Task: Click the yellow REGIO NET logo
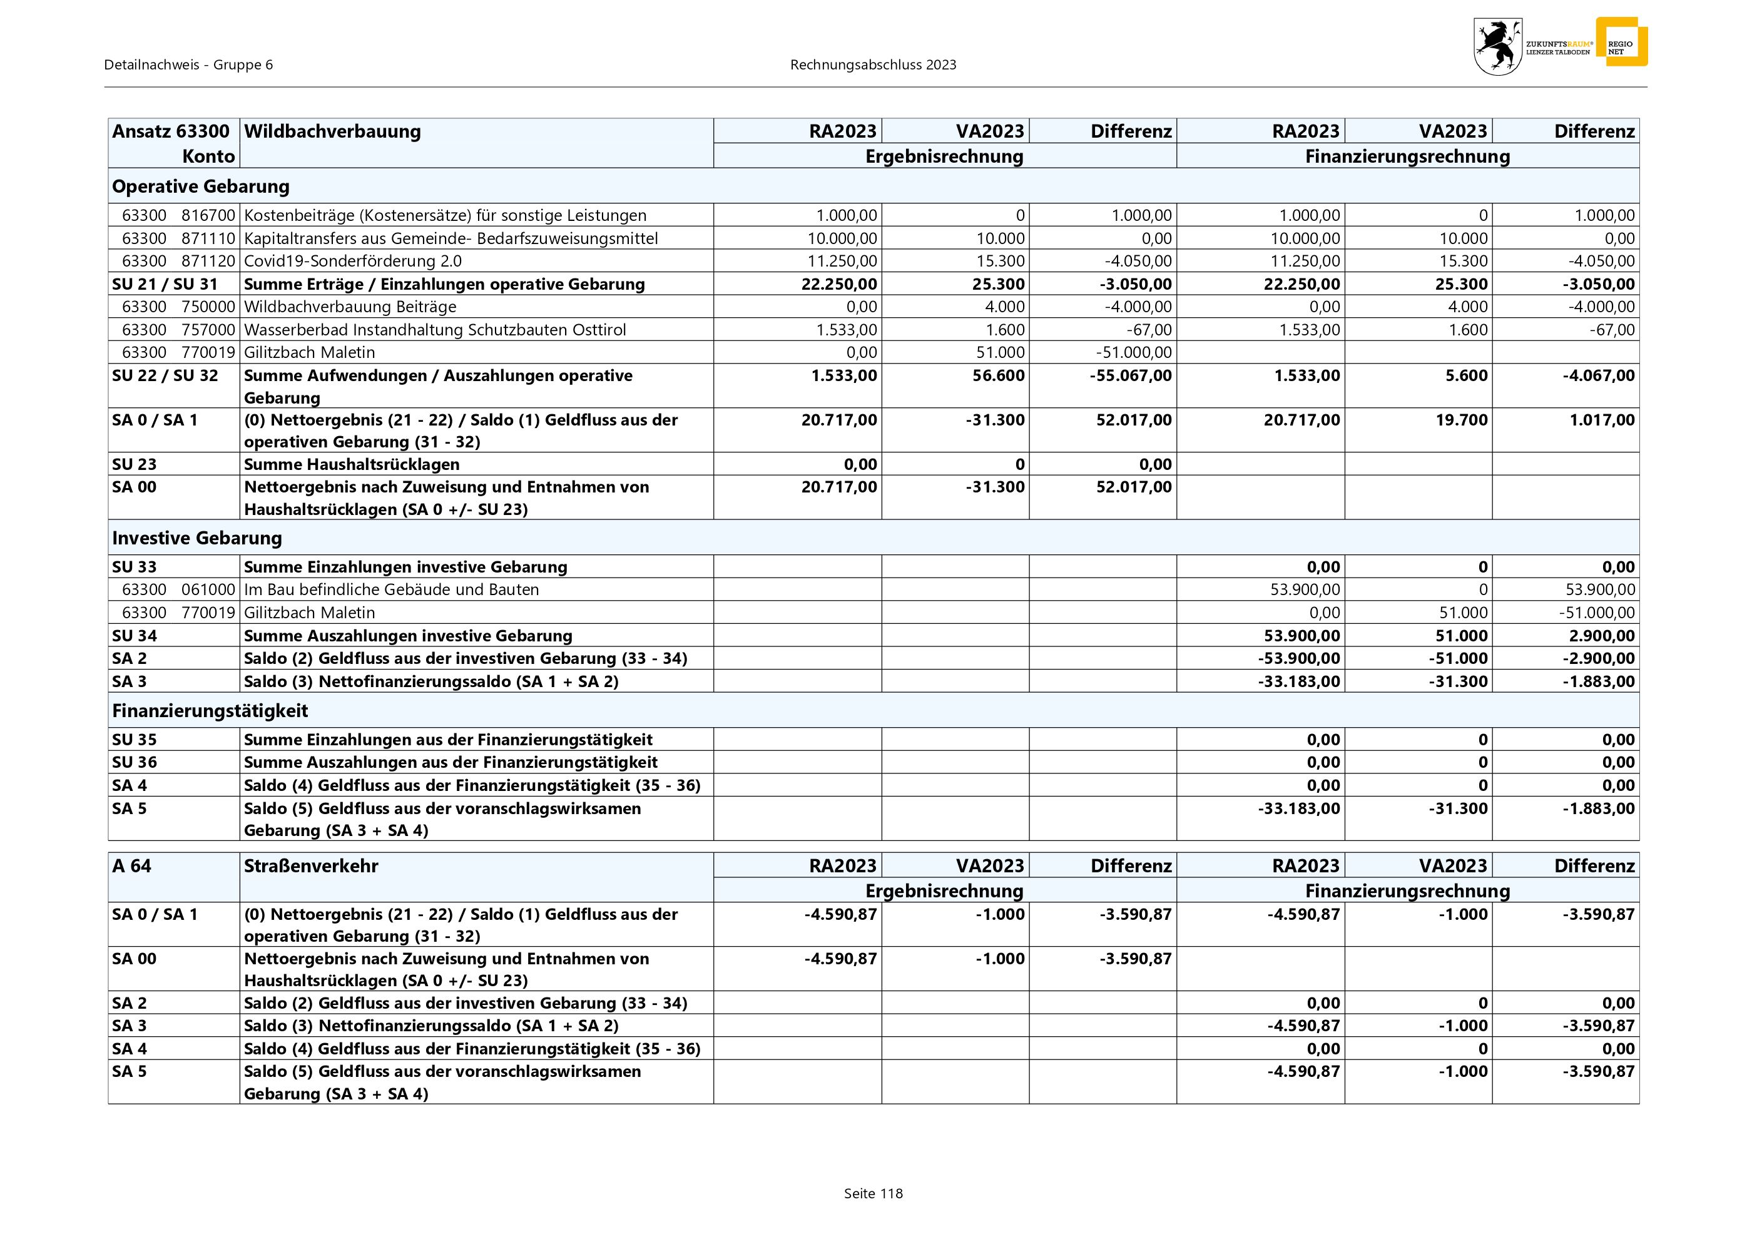tap(1622, 43)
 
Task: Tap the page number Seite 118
tap(873, 1194)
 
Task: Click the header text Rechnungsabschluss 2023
tap(873, 65)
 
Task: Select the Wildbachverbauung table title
tap(332, 131)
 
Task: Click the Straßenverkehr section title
tap(310, 866)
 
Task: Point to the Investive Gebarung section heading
tap(197, 538)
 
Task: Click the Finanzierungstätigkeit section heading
tap(210, 711)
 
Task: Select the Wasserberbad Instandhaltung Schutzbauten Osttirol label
tap(435, 330)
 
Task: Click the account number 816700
tap(208, 215)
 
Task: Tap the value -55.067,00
tap(1131, 375)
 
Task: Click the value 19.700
tap(1461, 420)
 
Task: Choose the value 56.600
tap(998, 375)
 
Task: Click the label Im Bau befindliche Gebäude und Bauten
tap(392, 589)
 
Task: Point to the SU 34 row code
tap(135, 636)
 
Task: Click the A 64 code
tap(132, 866)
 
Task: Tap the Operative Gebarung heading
tap(201, 186)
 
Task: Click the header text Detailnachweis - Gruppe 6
tap(188, 65)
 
